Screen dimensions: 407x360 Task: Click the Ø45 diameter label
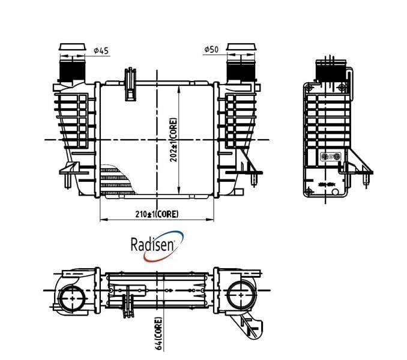tap(101, 50)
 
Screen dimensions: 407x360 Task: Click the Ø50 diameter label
tap(211, 49)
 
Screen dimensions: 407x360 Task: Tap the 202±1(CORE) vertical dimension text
tap(173, 140)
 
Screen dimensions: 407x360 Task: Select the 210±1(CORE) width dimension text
tap(157, 214)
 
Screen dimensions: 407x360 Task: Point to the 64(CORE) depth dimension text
tap(158, 333)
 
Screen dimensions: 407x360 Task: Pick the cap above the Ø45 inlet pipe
tap(73, 47)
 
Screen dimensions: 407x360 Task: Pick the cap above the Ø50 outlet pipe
tap(241, 47)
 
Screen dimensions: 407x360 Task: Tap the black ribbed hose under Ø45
tap(73, 71)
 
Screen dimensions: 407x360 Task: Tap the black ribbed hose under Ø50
tap(241, 71)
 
